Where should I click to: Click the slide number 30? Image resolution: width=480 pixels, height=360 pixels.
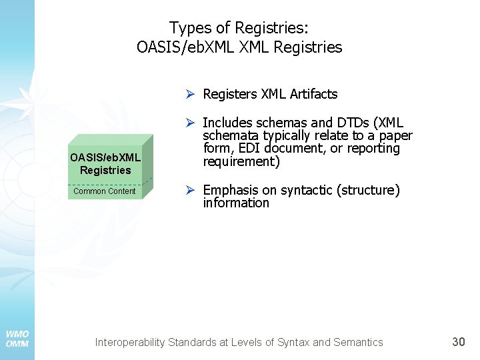(x=459, y=342)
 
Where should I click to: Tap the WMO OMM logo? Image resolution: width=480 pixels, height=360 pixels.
(x=17, y=339)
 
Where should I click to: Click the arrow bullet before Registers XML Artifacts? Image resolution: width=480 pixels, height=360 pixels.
(x=191, y=94)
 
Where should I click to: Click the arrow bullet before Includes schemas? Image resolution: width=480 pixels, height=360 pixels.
(x=191, y=123)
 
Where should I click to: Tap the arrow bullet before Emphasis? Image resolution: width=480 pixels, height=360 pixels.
(x=191, y=191)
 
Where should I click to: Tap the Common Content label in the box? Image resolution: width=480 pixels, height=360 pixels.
(x=104, y=191)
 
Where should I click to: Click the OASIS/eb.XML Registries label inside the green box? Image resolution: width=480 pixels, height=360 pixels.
(x=105, y=164)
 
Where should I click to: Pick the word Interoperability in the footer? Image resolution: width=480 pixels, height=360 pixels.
(x=130, y=343)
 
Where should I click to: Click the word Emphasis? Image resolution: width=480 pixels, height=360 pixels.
(x=231, y=191)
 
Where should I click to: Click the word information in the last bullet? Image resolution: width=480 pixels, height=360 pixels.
(x=236, y=203)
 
